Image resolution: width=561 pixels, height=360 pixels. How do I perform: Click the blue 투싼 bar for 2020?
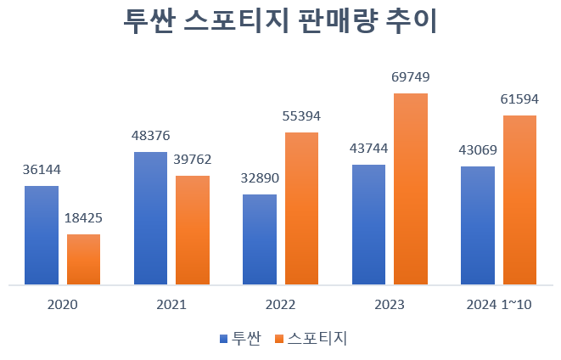42,235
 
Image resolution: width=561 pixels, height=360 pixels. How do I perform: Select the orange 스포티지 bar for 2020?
84,259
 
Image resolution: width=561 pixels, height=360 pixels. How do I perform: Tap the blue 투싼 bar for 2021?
151,218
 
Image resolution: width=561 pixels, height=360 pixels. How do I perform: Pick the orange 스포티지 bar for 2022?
301,208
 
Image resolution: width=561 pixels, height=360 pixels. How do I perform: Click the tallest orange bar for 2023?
411,188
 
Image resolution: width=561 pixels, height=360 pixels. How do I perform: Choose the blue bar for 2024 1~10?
478,225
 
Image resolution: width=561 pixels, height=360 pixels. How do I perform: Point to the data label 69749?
411,77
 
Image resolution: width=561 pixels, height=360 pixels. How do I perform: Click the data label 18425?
84,219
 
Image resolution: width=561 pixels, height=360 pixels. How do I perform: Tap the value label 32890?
260,178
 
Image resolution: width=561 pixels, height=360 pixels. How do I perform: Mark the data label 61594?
519,99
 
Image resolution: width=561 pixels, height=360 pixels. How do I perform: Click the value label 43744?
368,149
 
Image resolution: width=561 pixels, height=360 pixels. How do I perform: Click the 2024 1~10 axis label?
499,305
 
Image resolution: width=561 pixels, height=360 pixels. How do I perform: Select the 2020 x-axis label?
63,305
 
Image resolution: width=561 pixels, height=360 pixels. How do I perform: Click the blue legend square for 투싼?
223,338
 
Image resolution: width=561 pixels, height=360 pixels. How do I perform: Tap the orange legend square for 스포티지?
279,338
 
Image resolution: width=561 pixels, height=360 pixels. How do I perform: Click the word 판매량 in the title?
334,23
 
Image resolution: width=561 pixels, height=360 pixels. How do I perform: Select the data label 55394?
301,116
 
